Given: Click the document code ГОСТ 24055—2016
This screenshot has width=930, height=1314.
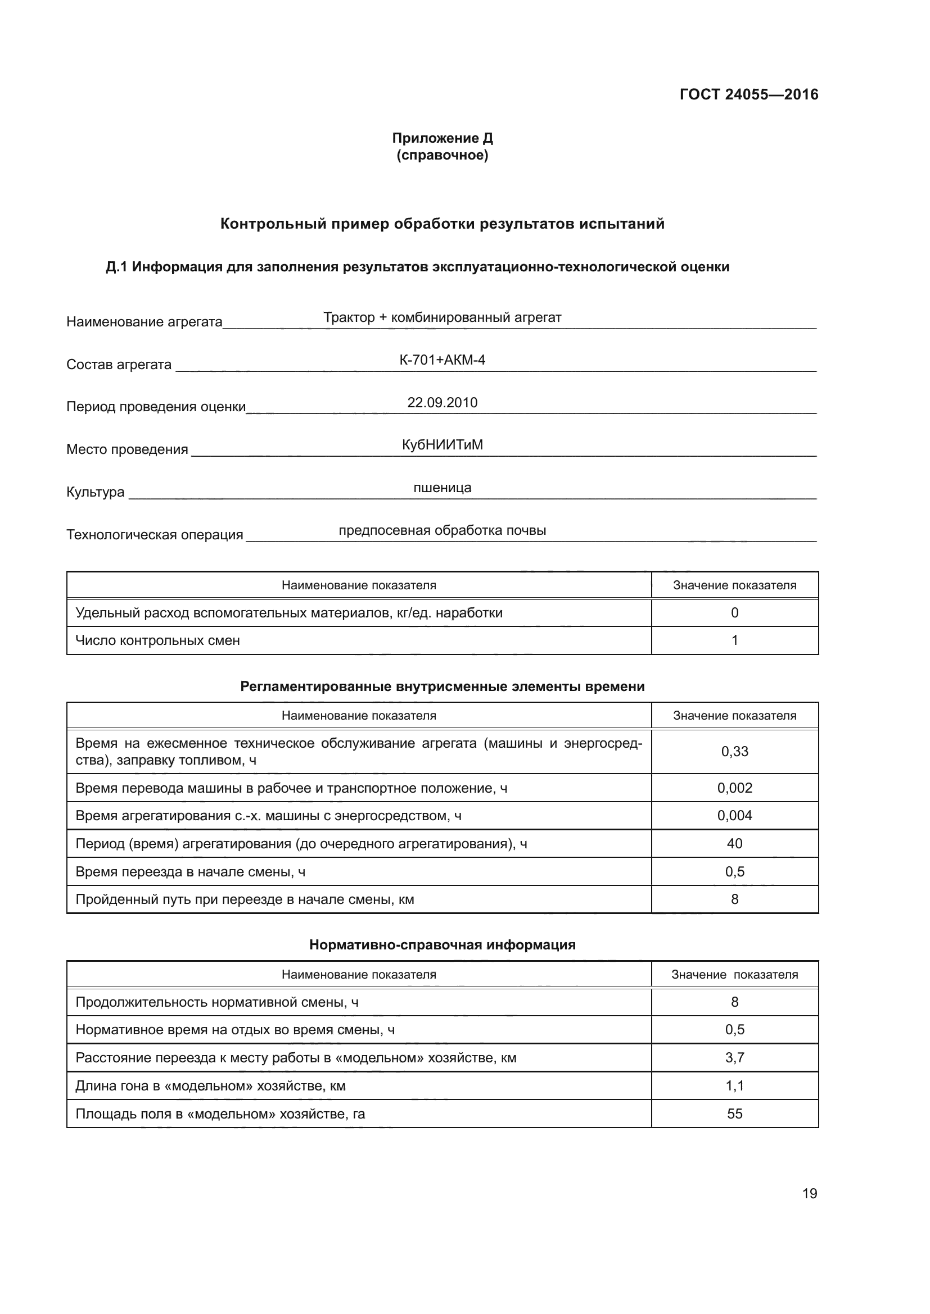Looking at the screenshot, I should (x=748, y=94).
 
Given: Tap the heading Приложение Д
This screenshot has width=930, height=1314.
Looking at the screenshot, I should (x=442, y=138).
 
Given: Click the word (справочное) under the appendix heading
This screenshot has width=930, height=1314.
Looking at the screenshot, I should (x=442, y=155).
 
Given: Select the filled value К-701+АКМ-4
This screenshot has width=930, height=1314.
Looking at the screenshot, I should (x=442, y=360).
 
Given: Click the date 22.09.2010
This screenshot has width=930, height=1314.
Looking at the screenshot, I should (x=442, y=402).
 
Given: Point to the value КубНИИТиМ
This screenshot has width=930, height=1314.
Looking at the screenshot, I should (x=442, y=445).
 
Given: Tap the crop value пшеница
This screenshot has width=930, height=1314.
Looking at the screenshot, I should (x=442, y=488).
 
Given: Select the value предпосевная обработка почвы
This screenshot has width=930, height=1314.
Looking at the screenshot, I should (x=442, y=530).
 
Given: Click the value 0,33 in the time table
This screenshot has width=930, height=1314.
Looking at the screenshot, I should (x=734, y=752).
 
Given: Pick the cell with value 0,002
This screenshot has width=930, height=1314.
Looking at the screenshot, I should (x=734, y=788).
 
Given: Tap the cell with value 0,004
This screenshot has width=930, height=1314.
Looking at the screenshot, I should (x=734, y=816).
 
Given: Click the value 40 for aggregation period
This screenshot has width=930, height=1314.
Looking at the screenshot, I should (x=734, y=844).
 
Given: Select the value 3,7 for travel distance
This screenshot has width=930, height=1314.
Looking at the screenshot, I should (x=734, y=1058).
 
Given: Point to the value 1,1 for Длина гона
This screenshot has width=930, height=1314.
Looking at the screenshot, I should (x=734, y=1086).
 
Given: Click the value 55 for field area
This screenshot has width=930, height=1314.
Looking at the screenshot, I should (x=734, y=1113).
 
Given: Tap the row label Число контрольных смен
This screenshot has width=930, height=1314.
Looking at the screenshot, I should (x=157, y=640).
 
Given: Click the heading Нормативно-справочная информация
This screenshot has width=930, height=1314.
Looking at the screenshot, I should (x=442, y=945).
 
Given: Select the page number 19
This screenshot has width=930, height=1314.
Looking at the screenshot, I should (x=809, y=1193).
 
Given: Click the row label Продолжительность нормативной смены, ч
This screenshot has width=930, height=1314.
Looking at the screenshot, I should (x=217, y=1002).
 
